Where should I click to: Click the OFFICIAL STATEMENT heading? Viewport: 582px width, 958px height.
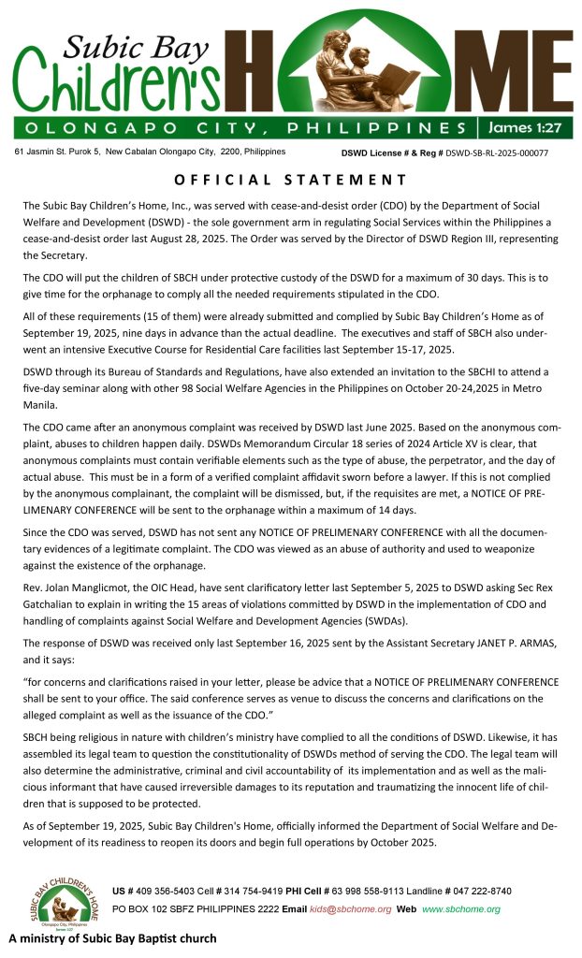[291, 180]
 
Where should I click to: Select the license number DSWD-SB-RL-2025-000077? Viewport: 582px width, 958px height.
[496, 152]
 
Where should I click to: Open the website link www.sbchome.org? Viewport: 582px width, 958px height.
[460, 908]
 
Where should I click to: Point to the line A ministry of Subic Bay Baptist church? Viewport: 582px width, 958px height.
[112, 938]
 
